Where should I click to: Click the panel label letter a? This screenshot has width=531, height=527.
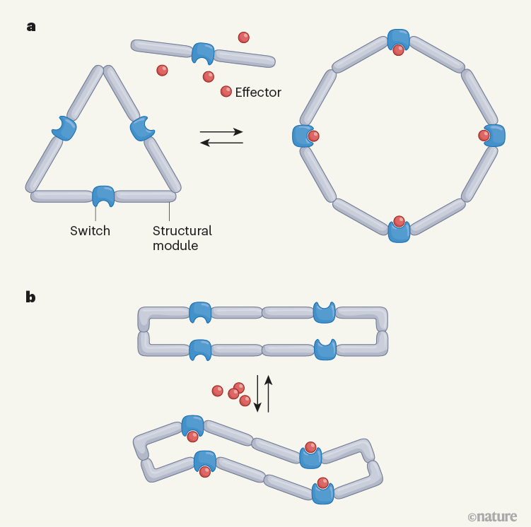[x=31, y=28]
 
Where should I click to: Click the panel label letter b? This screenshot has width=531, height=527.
[x=31, y=297]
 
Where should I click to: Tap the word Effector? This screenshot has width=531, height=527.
[x=258, y=93]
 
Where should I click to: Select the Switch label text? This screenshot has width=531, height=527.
[x=90, y=231]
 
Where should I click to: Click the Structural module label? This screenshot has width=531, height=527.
[x=182, y=238]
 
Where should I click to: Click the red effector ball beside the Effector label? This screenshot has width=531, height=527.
[x=226, y=91]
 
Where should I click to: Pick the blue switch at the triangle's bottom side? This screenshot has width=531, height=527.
[x=103, y=196]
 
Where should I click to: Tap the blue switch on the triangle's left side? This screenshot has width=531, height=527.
[x=66, y=128]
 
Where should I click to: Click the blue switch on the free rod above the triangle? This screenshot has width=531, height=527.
[x=203, y=52]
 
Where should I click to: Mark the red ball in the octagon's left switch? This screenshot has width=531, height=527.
[x=314, y=136]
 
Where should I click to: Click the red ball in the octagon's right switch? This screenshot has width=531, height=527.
[x=484, y=135]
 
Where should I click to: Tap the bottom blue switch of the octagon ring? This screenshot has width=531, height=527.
[x=399, y=232]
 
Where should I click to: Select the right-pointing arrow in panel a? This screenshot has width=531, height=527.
[x=221, y=131]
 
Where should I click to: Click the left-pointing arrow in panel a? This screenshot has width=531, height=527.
[x=221, y=143]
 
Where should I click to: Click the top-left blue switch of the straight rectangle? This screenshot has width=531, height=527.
[x=201, y=312]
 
